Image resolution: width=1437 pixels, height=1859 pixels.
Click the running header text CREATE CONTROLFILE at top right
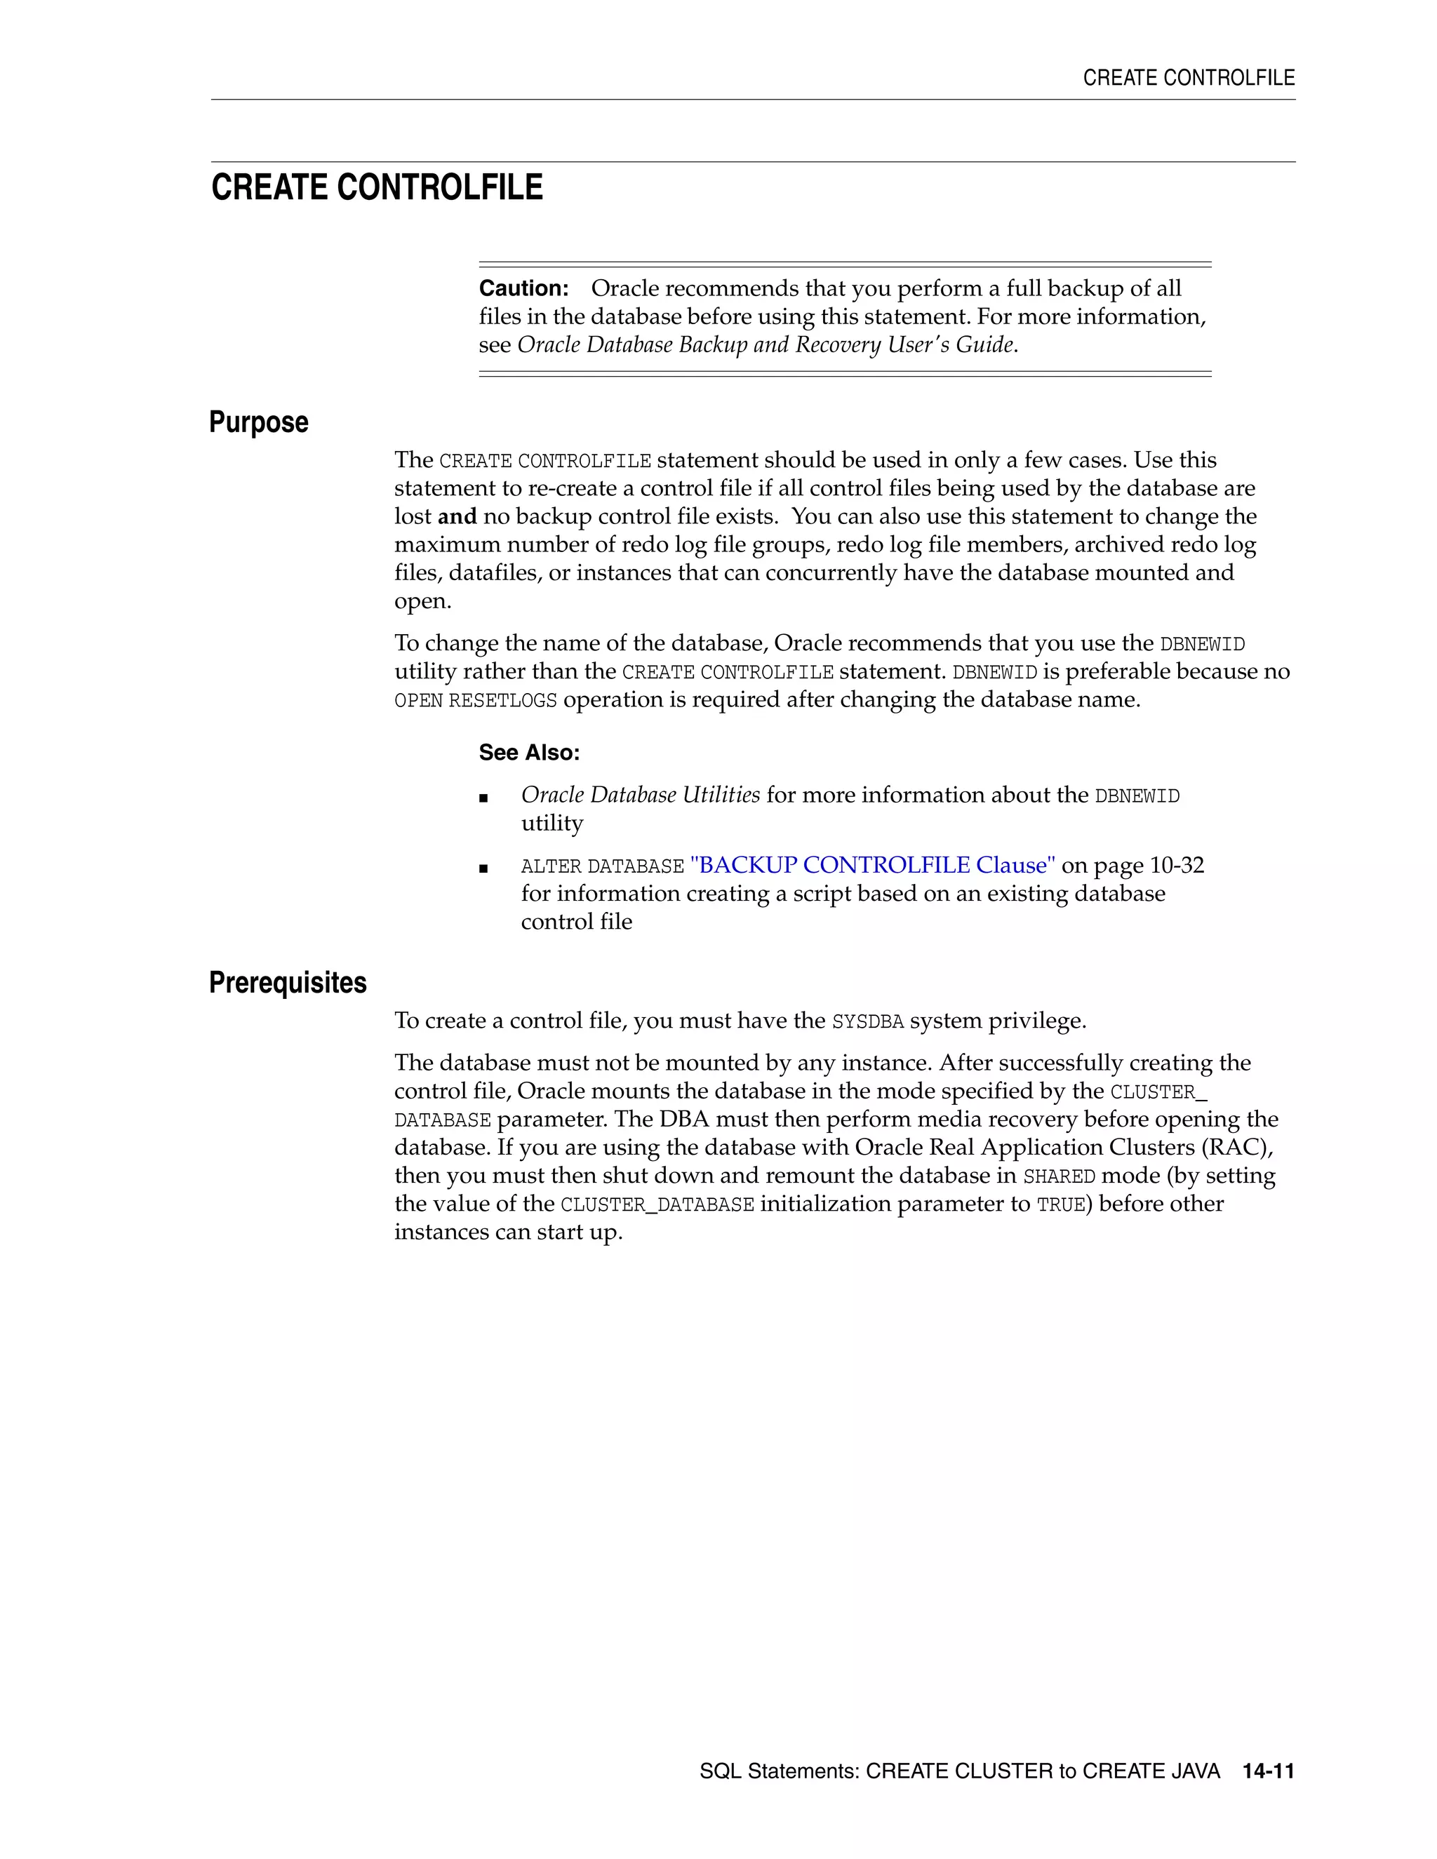(x=1188, y=79)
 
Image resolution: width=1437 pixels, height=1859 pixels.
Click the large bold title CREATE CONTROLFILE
(x=376, y=187)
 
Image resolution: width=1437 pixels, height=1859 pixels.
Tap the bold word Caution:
(x=523, y=288)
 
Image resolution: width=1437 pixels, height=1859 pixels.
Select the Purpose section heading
(x=258, y=422)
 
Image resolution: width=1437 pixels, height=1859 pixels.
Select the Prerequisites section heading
(x=287, y=982)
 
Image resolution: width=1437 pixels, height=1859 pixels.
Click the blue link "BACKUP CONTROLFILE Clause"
(x=871, y=866)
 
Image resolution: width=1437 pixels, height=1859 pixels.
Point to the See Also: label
(x=528, y=753)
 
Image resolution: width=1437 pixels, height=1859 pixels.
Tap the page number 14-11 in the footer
(x=1268, y=1771)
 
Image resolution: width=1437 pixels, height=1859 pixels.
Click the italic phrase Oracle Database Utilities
(x=640, y=795)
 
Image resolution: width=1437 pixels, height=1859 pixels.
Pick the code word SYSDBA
(x=867, y=1021)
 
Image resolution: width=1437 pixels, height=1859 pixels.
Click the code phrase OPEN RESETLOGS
(x=475, y=701)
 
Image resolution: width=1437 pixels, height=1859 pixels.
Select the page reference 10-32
(x=1177, y=866)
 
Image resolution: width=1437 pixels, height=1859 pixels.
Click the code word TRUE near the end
(x=1060, y=1205)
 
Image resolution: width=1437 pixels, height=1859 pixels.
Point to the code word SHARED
(x=1058, y=1177)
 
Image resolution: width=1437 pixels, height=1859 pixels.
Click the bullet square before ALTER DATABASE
(x=483, y=868)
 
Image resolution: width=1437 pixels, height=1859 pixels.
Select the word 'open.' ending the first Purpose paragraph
(x=422, y=601)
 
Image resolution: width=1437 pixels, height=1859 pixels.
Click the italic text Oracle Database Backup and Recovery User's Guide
(x=766, y=344)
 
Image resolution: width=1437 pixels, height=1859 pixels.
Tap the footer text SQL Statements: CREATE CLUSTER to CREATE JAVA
(x=958, y=1771)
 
